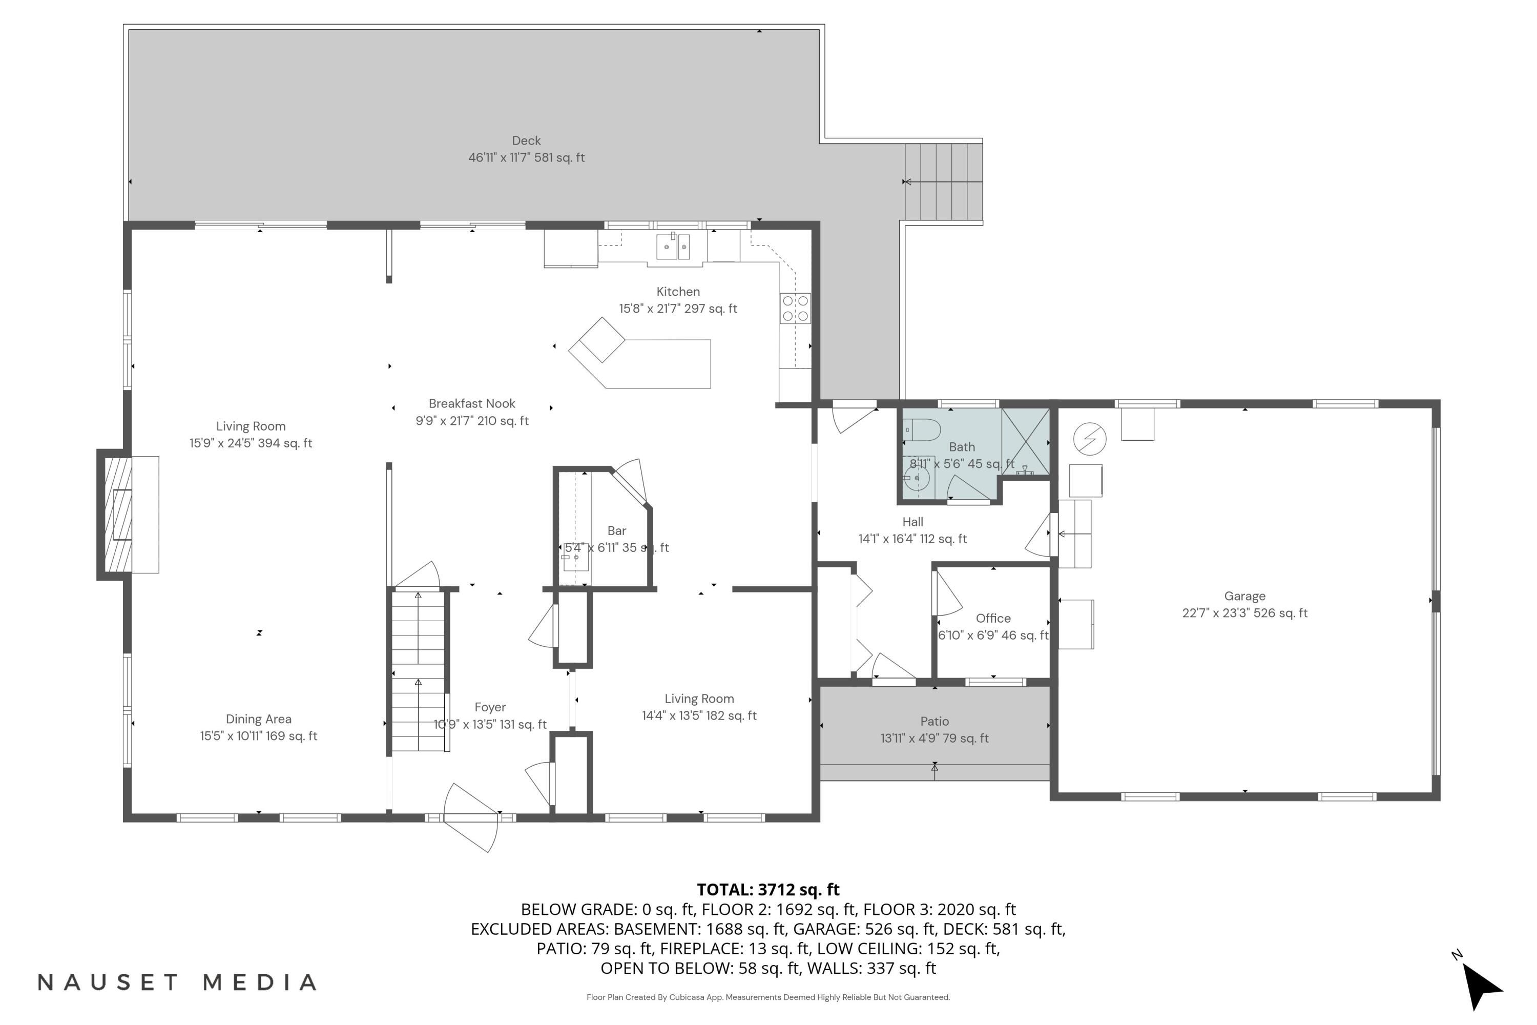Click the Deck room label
pos(526,140)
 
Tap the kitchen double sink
pos(673,247)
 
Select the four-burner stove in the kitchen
pos(795,309)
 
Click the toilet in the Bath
pos(923,430)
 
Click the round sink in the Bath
pos(918,478)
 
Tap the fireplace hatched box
pos(118,515)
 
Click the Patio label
pos(934,721)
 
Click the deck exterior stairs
pos(944,182)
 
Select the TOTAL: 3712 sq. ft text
pos(768,890)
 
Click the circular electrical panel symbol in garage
pos(1089,439)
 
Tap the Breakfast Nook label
pos(472,404)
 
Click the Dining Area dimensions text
pos(258,736)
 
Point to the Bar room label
pos(616,531)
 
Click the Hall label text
pos(912,522)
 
